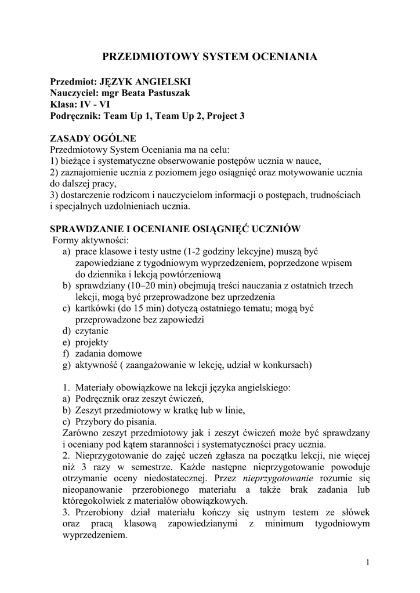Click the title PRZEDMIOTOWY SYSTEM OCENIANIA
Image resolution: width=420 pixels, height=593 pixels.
click(x=209, y=57)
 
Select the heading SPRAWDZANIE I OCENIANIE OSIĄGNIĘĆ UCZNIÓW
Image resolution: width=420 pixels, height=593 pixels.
click(x=175, y=229)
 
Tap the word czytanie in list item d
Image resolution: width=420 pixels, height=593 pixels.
click(x=92, y=331)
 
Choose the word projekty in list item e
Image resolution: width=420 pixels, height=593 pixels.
click(x=92, y=342)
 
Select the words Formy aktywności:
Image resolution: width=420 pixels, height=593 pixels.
click(x=91, y=240)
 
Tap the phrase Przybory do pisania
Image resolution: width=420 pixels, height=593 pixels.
click(x=115, y=422)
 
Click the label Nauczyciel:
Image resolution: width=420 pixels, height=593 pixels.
click(x=74, y=93)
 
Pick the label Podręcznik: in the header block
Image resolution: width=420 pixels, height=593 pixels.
click(x=75, y=116)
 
